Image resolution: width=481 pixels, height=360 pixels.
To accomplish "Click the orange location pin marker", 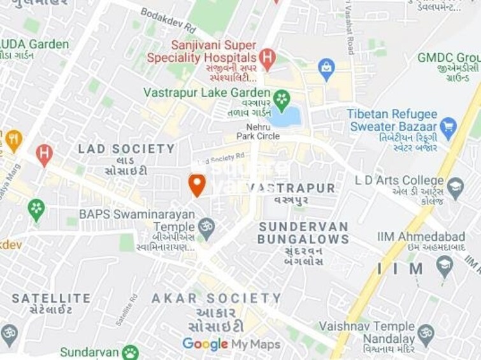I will pos(197,185).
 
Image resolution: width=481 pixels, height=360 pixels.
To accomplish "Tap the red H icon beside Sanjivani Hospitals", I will pos(267,59).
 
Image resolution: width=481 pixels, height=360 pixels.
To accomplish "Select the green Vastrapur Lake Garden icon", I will pos(281,99).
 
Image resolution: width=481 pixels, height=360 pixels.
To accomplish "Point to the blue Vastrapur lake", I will pos(285,117).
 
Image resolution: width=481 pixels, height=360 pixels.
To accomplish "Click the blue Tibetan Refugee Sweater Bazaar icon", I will pos(449,126).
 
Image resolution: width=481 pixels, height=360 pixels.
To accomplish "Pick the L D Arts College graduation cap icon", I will pos(455,187).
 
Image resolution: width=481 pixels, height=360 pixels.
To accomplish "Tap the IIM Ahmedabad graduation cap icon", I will pos(444,263).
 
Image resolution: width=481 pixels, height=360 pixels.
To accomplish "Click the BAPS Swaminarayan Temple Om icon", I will pos(206,226).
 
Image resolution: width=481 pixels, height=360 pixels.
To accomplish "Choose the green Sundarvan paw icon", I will pos(131,352).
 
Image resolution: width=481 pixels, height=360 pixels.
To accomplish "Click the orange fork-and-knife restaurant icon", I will pos(13,140).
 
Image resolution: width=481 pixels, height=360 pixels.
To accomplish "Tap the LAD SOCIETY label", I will pos(126,149).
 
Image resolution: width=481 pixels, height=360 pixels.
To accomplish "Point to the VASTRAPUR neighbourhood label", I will pos(291,188).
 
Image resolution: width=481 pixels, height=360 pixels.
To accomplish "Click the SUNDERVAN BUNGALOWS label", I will pos(303,233).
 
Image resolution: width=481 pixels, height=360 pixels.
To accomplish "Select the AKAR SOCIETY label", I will pos(216,298).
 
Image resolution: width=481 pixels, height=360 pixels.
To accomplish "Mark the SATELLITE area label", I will pos(51,298).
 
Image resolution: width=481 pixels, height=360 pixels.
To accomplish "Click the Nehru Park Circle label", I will pos(258,131).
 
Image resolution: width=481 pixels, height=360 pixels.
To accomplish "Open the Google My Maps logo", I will pos(231,345).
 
